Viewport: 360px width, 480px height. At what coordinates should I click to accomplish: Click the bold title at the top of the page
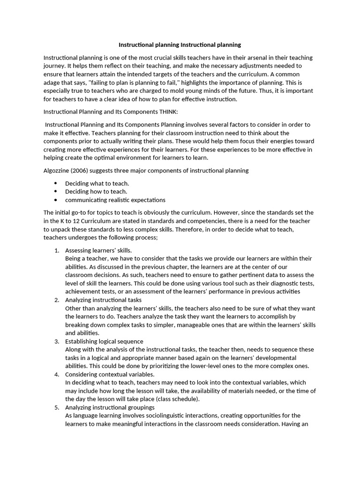(180, 45)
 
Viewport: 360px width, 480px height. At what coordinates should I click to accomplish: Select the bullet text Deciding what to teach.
(97, 183)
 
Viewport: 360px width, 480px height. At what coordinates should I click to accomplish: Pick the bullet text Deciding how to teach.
(96, 191)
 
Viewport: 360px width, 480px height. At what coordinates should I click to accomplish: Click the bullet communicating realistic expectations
(115, 200)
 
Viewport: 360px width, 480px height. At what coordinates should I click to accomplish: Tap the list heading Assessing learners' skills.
(98, 250)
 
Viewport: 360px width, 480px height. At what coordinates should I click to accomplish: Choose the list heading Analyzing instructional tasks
(103, 300)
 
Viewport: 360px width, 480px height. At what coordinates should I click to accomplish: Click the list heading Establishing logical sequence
(104, 341)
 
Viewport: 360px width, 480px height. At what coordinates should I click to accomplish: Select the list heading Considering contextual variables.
(110, 375)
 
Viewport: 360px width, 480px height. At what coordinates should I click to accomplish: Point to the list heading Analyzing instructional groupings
(110, 407)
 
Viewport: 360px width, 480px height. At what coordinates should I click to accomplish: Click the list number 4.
(56, 375)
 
